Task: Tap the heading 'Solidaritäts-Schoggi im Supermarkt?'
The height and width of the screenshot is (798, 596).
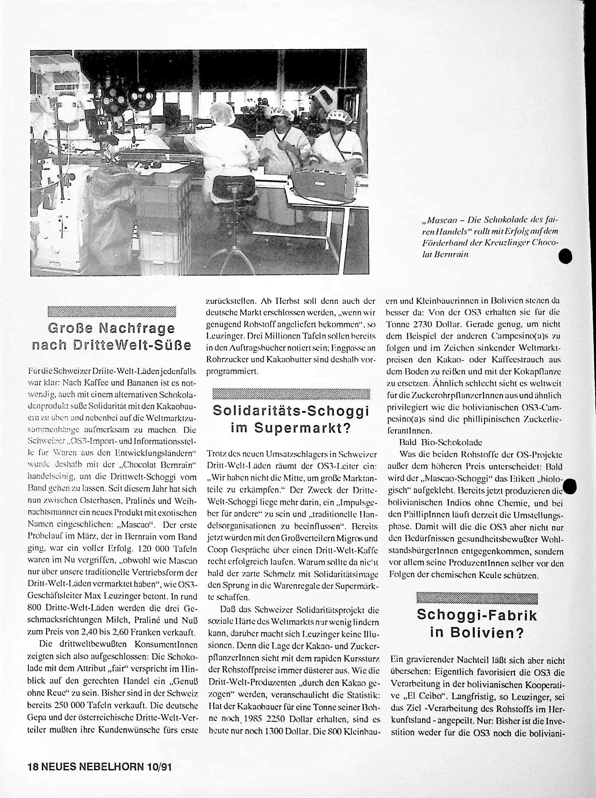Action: pos(291,419)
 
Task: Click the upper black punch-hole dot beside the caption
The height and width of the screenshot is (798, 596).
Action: pos(565,256)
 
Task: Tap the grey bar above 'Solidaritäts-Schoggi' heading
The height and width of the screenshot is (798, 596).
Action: pos(291,394)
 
